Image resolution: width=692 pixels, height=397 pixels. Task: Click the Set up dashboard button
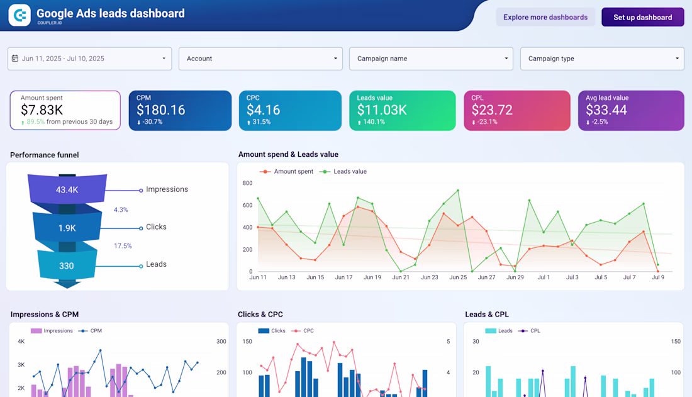[642, 17]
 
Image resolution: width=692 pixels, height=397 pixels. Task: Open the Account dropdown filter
[260, 59]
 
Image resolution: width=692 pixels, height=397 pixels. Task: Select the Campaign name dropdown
[431, 59]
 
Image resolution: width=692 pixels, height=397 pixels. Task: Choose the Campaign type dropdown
[601, 59]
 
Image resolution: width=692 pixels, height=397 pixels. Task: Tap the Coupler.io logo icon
[20, 15]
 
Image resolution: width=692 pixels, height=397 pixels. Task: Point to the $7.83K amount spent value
[42, 110]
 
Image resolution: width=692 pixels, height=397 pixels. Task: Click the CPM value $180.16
[161, 110]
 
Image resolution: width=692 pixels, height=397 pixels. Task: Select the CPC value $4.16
[263, 110]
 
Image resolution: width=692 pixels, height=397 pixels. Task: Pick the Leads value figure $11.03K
[382, 110]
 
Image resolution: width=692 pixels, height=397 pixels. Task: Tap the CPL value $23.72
[492, 110]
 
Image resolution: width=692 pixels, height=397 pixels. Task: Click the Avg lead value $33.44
[606, 110]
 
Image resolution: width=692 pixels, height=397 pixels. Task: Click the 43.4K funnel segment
[67, 190]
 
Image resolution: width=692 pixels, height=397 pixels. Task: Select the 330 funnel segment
[67, 266]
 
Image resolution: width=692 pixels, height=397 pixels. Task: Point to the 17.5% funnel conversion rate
[123, 246]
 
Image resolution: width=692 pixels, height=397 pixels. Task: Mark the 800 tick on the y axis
[247, 183]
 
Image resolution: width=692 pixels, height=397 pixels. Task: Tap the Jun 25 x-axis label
[458, 277]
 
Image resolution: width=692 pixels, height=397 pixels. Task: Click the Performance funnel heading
[45, 155]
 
